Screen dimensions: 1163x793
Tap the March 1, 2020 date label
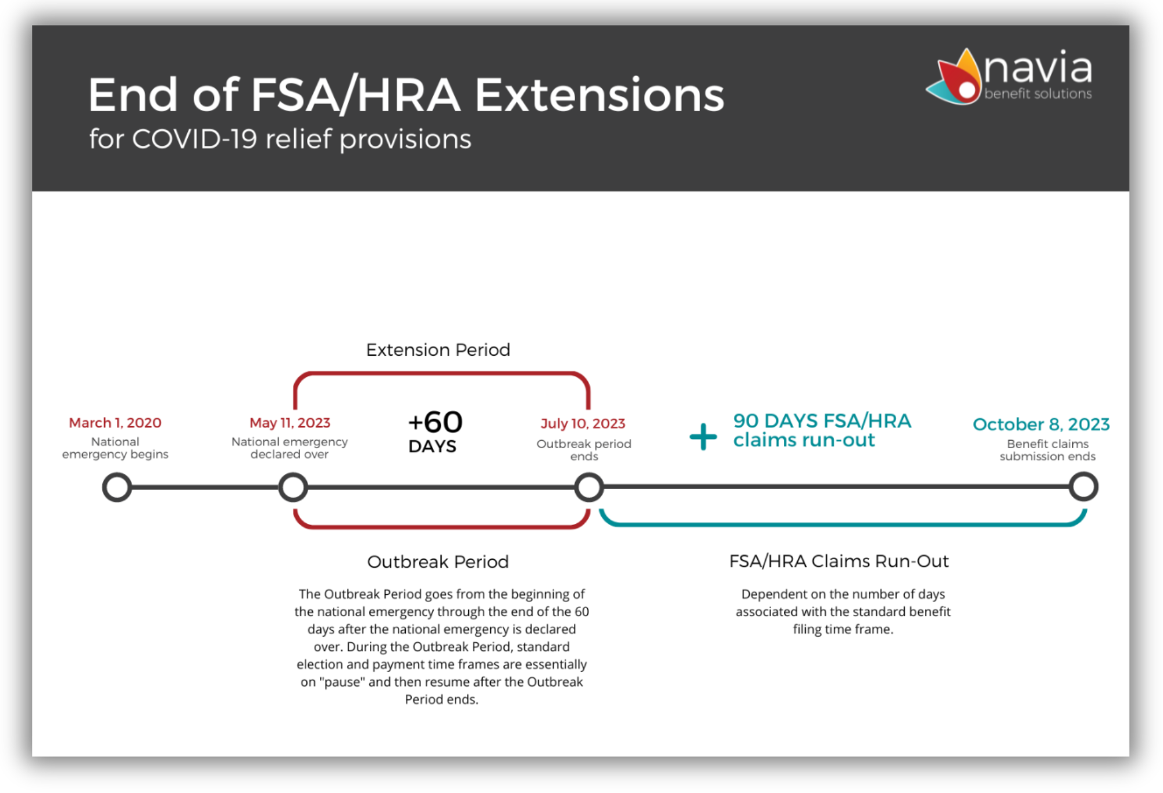(x=115, y=423)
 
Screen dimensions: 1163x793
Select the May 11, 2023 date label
(x=290, y=423)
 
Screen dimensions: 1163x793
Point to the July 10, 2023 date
(x=583, y=423)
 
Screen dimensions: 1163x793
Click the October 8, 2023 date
(x=1041, y=424)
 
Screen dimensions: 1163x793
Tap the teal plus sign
(x=703, y=437)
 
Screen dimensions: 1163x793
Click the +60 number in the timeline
(x=435, y=422)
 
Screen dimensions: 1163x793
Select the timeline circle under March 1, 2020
(x=117, y=474)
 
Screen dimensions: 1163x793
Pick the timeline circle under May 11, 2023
(x=293, y=474)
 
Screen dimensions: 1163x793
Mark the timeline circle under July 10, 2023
(x=589, y=474)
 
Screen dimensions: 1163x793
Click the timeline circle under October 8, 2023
(x=1083, y=473)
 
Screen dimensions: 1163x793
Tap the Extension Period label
(x=438, y=349)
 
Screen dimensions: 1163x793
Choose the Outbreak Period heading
(x=438, y=562)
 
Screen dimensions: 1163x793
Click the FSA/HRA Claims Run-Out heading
(x=839, y=561)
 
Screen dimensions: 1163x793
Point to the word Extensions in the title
(x=600, y=95)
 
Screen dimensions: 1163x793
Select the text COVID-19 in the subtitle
(x=195, y=139)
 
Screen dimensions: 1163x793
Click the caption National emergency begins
(x=115, y=448)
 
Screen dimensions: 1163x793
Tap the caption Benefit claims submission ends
(x=1048, y=450)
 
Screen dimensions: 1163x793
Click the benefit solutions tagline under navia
(x=1038, y=94)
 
